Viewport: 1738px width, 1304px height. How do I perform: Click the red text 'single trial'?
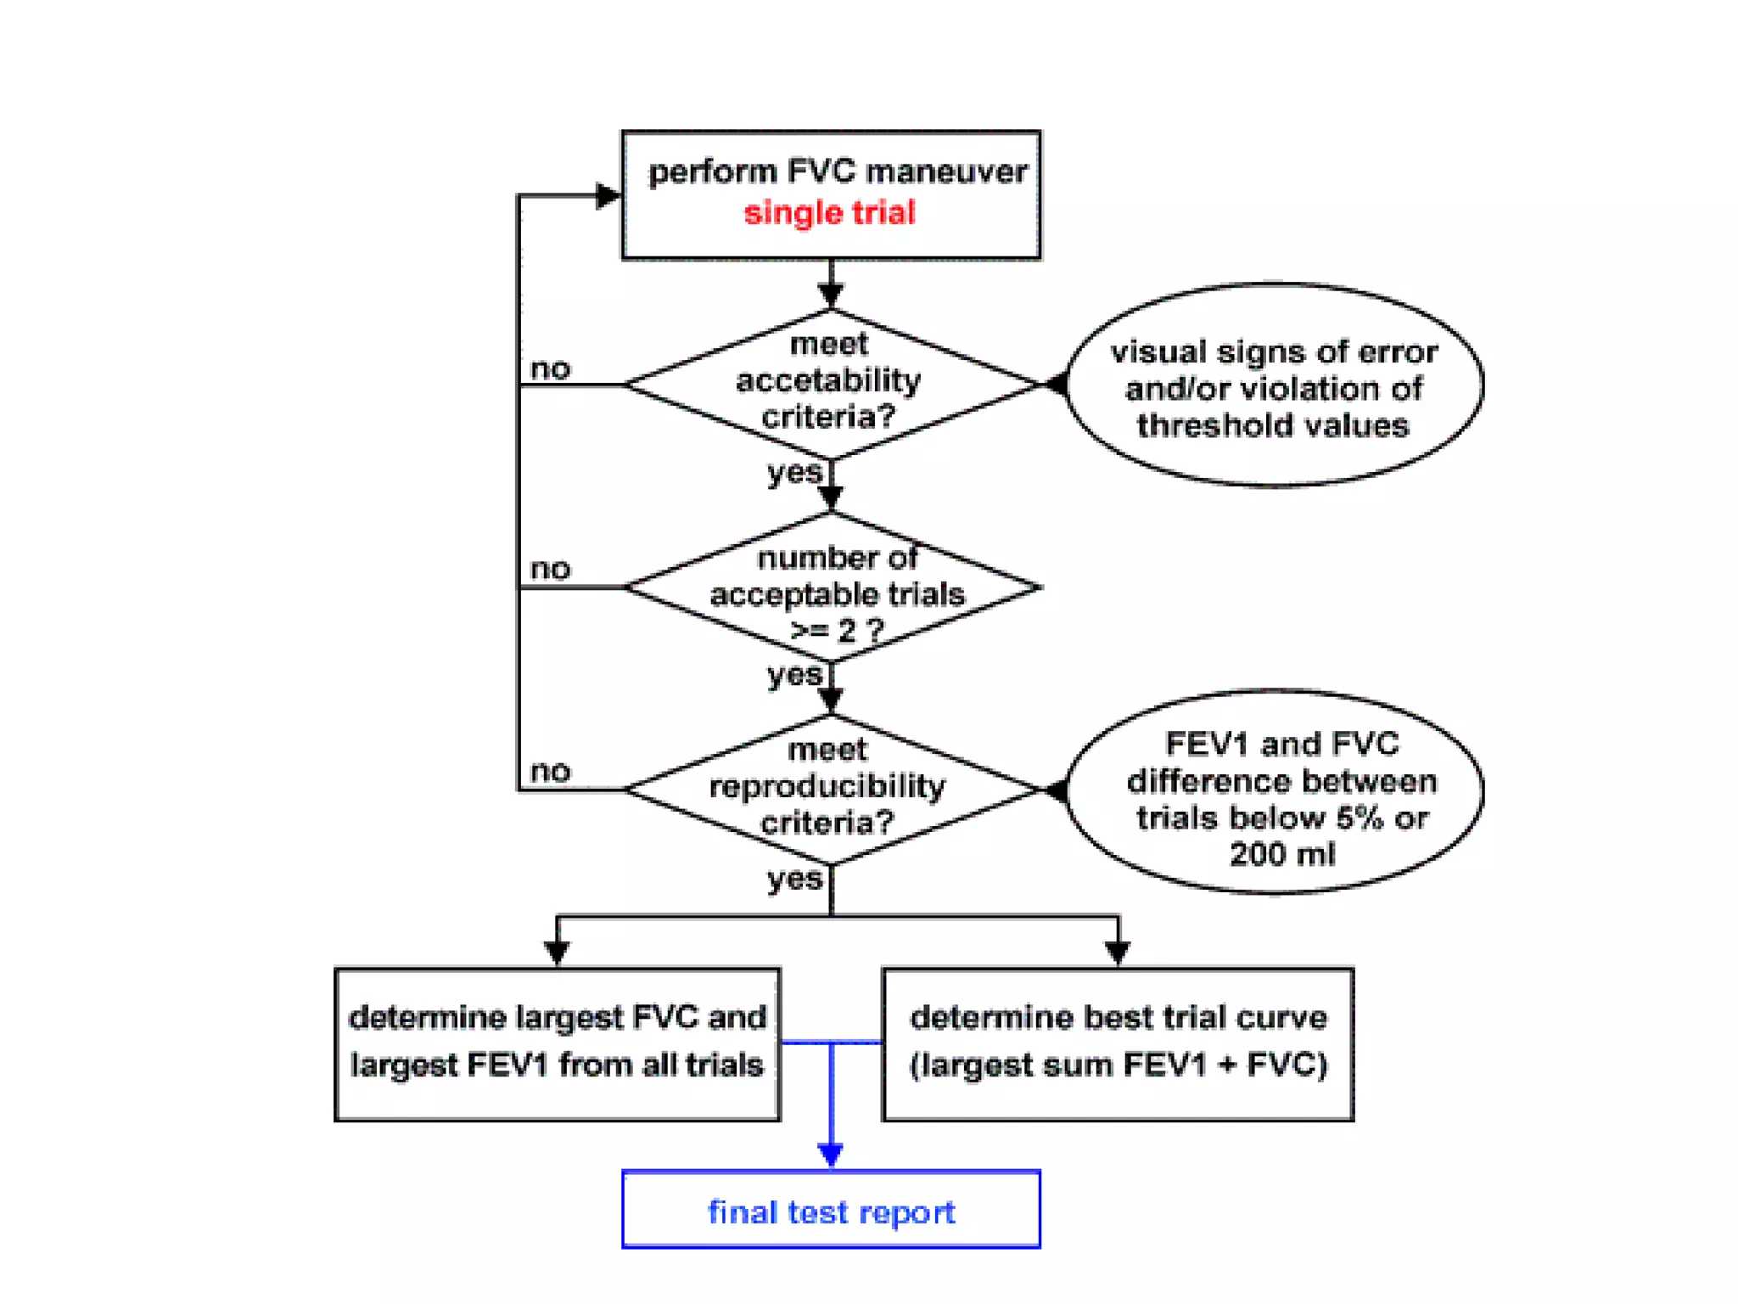pos(829,212)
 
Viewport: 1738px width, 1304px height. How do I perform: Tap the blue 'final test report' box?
pos(831,1211)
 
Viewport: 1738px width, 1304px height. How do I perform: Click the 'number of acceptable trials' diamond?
pos(834,587)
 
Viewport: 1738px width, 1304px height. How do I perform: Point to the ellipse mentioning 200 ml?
pos(1275,793)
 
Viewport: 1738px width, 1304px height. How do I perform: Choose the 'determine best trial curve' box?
pos(1118,1043)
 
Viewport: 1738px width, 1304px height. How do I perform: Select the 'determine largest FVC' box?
pos(557,1043)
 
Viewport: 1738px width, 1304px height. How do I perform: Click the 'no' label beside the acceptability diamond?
pos(551,369)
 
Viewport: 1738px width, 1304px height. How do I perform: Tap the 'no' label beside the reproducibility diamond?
pos(551,771)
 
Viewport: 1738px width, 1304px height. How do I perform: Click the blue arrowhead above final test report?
pos(831,1155)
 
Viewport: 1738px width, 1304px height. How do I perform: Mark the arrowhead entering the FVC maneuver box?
pos(608,195)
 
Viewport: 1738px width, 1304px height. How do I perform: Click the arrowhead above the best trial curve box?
pos(1118,953)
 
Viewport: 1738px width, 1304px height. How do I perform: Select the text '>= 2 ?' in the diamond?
pos(837,631)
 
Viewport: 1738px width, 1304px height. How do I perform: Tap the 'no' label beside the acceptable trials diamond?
pos(551,569)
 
